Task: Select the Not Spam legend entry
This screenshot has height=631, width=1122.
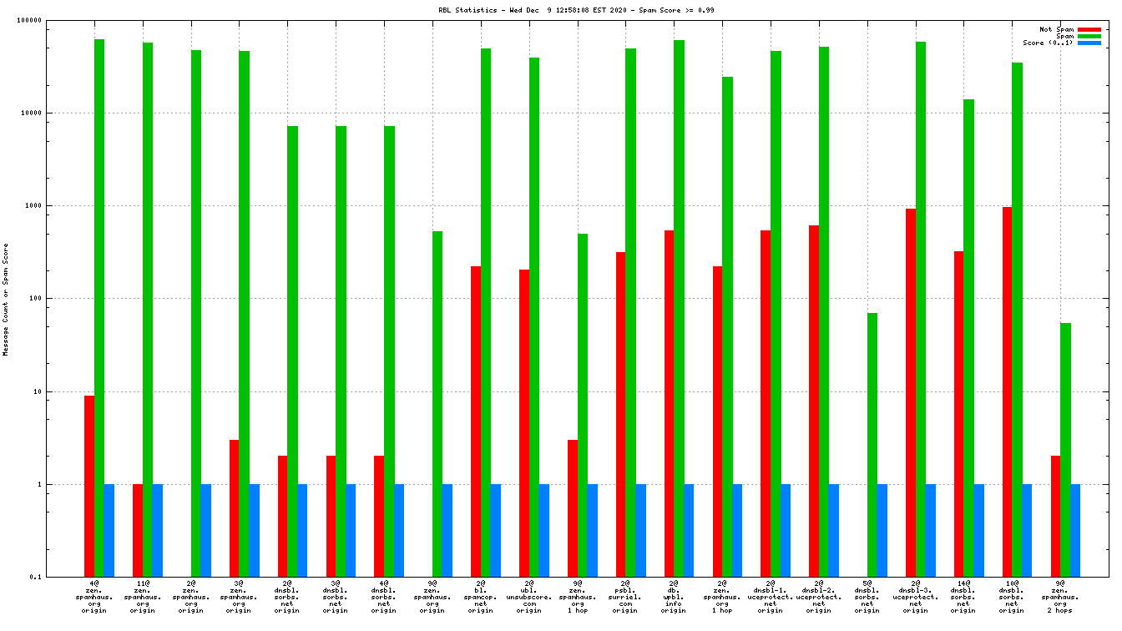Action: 1056,29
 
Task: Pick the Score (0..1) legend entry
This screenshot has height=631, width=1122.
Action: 1048,43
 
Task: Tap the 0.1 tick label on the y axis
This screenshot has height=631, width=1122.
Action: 58,577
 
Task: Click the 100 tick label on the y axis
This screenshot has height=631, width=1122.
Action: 57,299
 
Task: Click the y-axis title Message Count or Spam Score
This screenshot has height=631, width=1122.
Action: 6,300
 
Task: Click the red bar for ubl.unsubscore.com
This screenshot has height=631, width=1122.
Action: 524,422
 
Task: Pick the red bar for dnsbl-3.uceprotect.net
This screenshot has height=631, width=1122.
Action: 911,392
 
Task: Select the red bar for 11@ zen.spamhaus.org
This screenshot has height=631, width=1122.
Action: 138,530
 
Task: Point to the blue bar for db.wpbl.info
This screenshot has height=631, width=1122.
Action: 689,530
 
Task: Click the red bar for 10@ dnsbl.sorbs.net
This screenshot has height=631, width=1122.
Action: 1008,391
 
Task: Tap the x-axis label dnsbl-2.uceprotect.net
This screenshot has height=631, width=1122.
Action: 818,597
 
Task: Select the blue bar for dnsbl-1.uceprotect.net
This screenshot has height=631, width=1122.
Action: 786,530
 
